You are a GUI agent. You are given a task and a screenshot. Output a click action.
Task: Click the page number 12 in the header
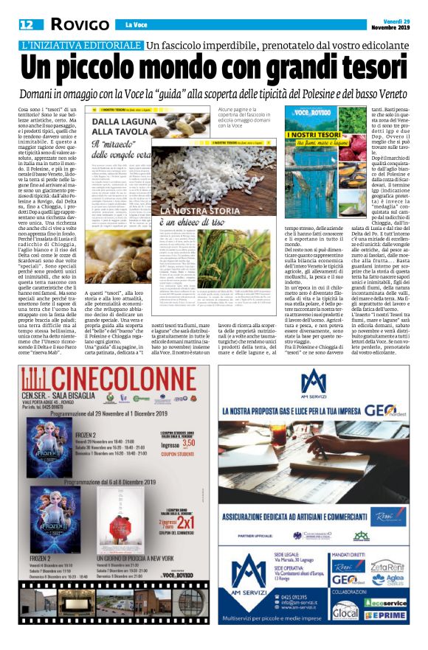point(28,24)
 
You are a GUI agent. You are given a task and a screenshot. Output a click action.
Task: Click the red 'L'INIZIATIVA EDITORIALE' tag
point(81,46)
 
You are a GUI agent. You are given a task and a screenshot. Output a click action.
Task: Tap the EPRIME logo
point(387,614)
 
